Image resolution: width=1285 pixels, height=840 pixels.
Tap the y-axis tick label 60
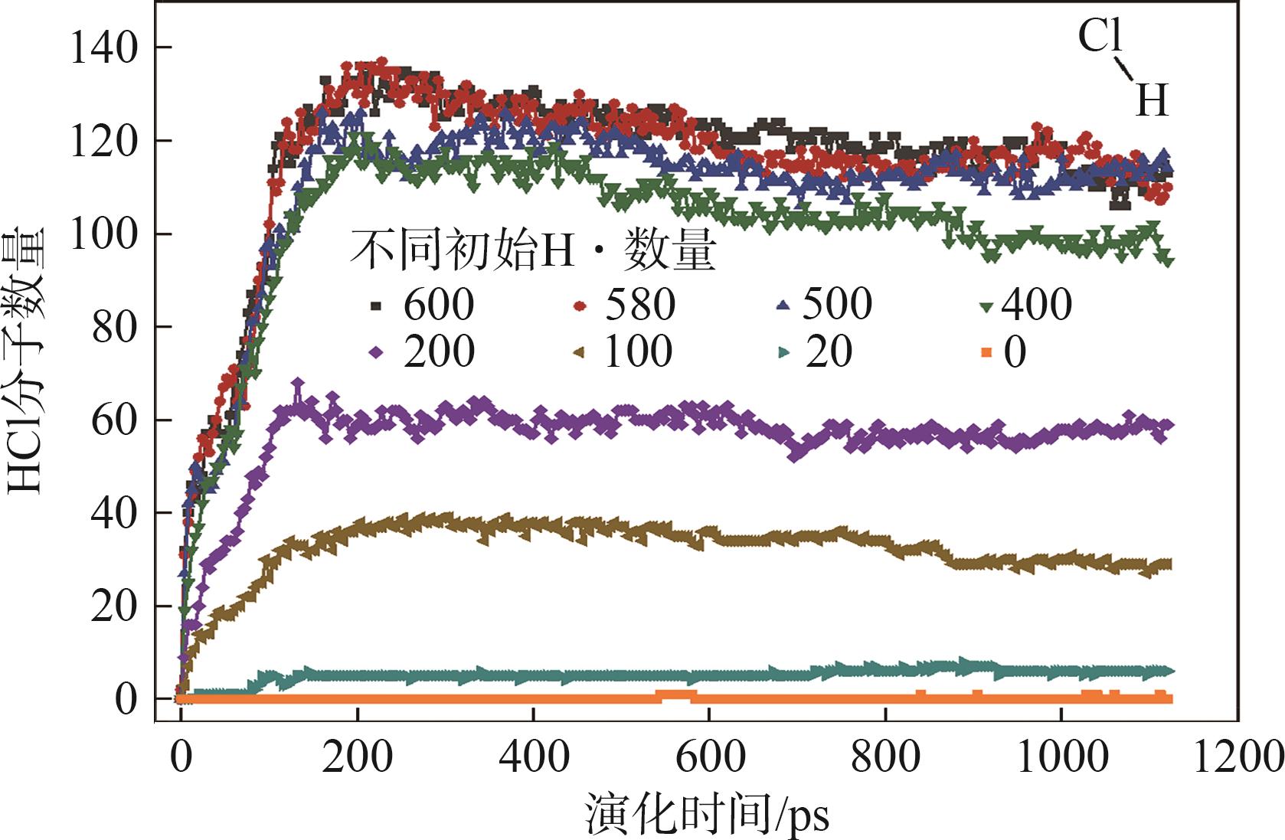point(114,421)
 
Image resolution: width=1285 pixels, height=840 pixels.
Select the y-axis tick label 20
point(114,607)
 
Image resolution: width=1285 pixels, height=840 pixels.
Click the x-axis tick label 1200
point(1237,757)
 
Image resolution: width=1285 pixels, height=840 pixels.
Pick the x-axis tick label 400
point(533,757)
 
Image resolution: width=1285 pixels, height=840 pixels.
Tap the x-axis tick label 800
point(885,757)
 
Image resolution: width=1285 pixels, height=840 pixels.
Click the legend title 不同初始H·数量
point(533,250)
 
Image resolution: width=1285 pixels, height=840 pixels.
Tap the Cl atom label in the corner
point(1100,36)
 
